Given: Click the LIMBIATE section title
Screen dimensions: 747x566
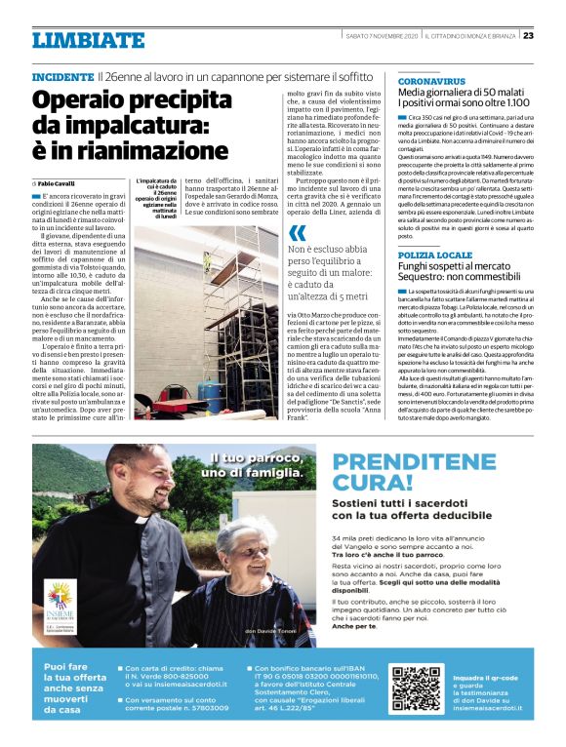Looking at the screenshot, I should pos(88,40).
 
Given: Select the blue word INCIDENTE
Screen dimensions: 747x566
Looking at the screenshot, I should pos(62,76).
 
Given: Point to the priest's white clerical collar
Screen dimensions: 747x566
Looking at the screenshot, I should pos(138,518).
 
